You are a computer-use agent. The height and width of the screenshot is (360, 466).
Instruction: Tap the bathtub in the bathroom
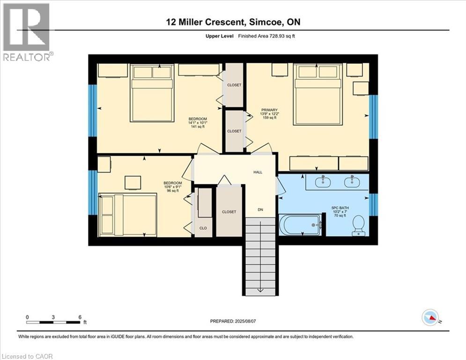click(x=300, y=225)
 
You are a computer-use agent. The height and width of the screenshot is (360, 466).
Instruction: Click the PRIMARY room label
click(x=269, y=110)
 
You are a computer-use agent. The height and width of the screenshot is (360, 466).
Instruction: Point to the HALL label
click(x=258, y=172)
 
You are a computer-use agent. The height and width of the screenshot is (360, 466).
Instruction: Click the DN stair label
click(x=261, y=209)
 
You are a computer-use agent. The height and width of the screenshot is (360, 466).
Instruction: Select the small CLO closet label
click(x=203, y=228)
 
